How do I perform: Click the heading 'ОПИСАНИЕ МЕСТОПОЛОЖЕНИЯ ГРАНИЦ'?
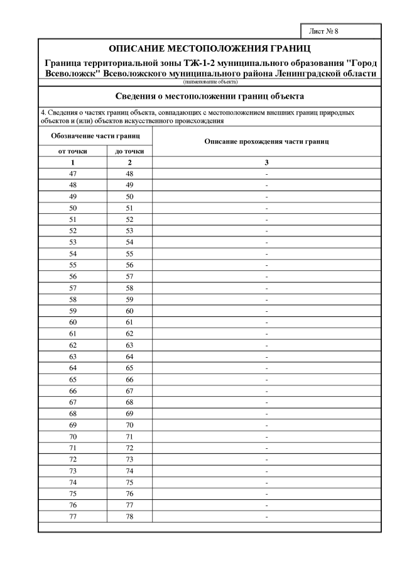click(x=210, y=48)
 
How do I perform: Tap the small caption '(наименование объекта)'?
click(x=210, y=82)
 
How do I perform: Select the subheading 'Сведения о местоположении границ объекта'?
click(x=210, y=97)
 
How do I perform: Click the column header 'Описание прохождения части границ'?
click(x=267, y=142)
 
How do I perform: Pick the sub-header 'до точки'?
click(x=129, y=152)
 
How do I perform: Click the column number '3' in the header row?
click(x=267, y=162)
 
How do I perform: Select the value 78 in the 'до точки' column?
click(x=129, y=516)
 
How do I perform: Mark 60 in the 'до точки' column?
click(x=129, y=311)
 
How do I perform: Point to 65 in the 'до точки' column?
click(x=129, y=368)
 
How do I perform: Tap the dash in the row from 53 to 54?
click(x=267, y=242)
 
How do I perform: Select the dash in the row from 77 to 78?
click(x=267, y=516)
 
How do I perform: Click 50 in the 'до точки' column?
click(x=129, y=196)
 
